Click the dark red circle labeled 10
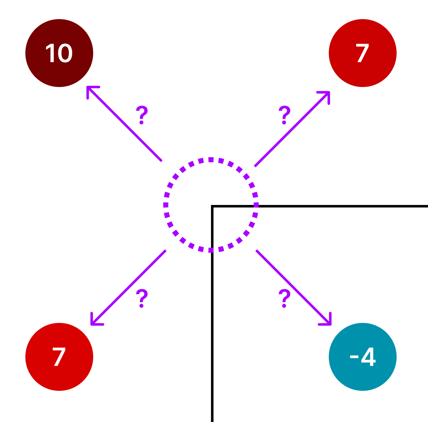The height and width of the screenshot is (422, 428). pyautogui.click(x=59, y=53)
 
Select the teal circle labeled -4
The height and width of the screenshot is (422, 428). pyautogui.click(x=362, y=357)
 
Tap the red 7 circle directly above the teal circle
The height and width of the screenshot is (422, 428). pyautogui.click(x=362, y=53)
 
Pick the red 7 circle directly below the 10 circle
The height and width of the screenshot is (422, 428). pyautogui.click(x=59, y=357)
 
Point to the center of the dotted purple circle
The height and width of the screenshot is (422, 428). pyautogui.click(x=211, y=205)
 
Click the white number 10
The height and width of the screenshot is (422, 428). pyautogui.click(x=59, y=53)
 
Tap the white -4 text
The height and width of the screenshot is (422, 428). pyautogui.click(x=362, y=357)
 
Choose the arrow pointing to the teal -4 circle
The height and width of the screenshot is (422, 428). pyautogui.click(x=293, y=287)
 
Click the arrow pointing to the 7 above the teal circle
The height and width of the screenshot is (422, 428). pyautogui.click(x=292, y=129)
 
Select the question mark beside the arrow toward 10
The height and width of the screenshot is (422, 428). pyautogui.click(x=142, y=115)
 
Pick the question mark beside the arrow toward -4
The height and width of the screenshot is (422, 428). pyautogui.click(x=284, y=298)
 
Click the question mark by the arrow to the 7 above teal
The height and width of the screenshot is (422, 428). pyautogui.click(x=284, y=115)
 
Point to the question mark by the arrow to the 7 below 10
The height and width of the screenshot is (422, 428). pyautogui.click(x=142, y=298)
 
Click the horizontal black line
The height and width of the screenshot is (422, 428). pyautogui.click(x=342, y=206)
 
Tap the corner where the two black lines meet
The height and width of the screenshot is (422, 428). pyautogui.click(x=212, y=206)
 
